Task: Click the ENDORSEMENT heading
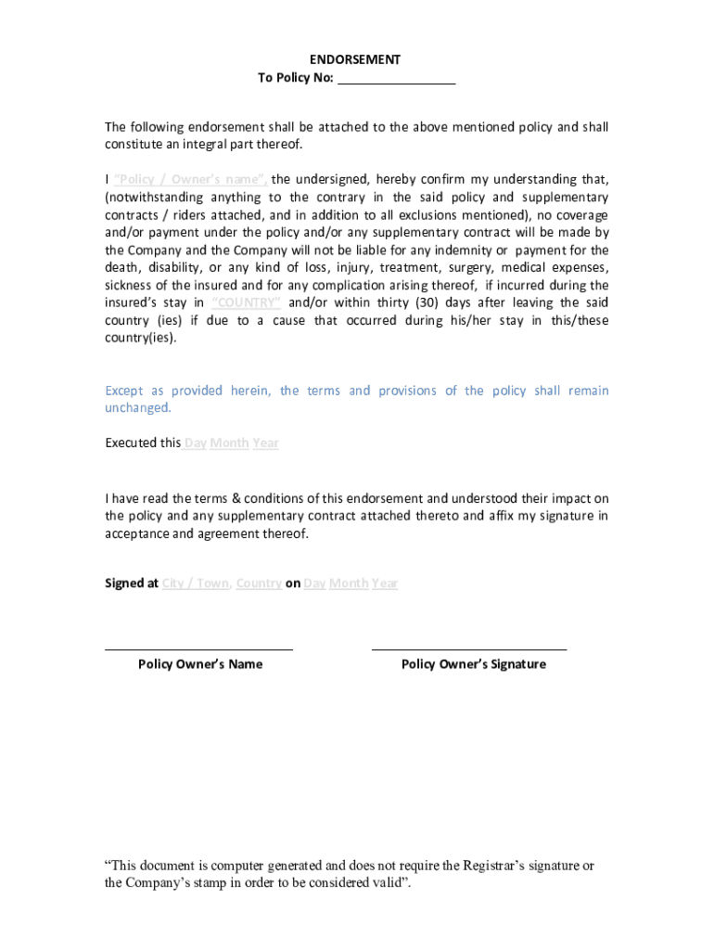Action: (355, 59)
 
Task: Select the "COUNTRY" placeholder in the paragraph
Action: (247, 302)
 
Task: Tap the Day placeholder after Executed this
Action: (195, 443)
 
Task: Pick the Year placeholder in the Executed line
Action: (265, 443)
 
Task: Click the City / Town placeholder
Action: (196, 584)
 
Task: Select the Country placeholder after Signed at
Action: (259, 584)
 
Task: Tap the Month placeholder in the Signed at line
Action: (349, 584)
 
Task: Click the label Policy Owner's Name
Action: (200, 664)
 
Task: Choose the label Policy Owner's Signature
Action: (473, 664)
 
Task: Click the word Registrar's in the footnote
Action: (500, 866)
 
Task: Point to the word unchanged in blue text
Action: (137, 408)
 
